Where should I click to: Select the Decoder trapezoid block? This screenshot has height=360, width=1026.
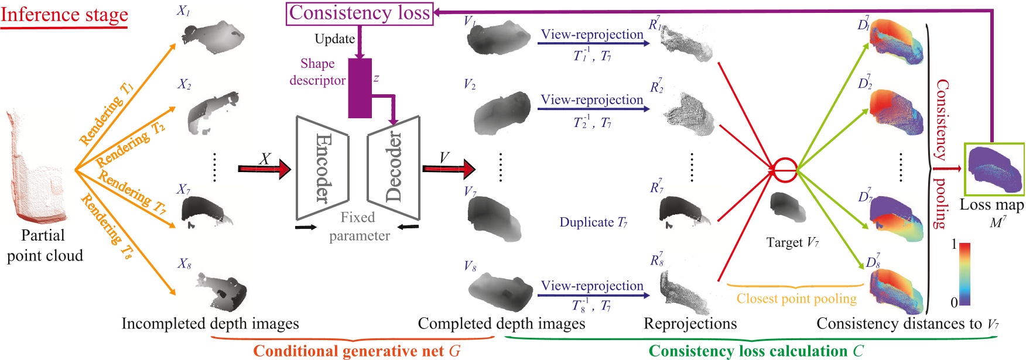tap(394, 168)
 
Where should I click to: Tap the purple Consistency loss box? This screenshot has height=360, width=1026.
tap(360, 13)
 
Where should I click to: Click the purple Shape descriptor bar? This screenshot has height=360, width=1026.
tap(360, 88)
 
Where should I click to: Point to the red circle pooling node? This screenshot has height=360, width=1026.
tap(785, 170)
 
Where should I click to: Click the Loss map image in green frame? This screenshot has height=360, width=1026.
tap(994, 169)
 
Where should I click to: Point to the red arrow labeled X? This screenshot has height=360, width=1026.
tap(265, 169)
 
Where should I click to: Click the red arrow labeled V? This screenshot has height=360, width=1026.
tap(449, 169)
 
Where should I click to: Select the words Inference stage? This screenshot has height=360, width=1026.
tap(64, 14)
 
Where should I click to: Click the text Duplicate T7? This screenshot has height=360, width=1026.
tap(593, 222)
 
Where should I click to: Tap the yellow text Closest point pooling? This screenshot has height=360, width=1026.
tap(796, 299)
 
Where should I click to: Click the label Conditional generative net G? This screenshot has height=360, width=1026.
tap(357, 351)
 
